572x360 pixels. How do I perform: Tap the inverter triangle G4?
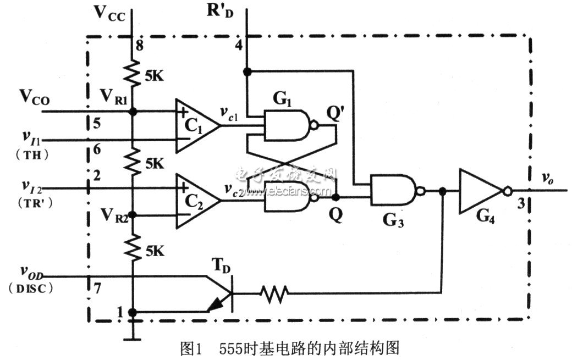[480, 191]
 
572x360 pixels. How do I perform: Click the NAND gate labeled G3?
[393, 191]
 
